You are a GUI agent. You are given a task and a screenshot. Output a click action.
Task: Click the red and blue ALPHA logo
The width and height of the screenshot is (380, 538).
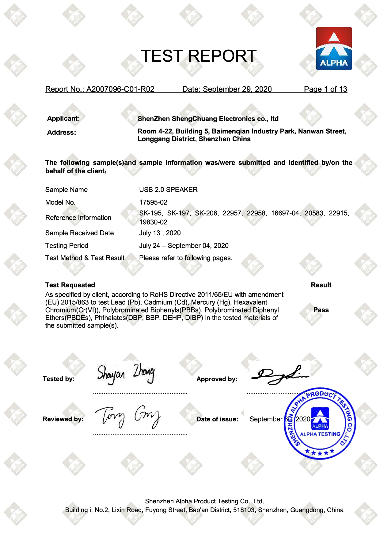tap(334, 48)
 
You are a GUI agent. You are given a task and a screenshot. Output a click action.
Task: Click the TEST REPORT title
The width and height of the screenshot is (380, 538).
tap(199, 56)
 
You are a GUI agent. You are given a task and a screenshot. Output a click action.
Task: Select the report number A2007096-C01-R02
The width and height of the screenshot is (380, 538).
tap(120, 89)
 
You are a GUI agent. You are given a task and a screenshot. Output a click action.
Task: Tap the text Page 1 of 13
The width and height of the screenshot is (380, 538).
tap(325, 89)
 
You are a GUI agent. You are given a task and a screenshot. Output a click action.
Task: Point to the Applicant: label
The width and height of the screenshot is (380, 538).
tap(63, 119)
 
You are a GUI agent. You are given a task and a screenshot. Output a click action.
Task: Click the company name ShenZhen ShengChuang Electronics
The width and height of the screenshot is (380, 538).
tap(208, 119)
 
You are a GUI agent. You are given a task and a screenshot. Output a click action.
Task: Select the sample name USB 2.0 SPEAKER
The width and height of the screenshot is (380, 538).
tap(168, 190)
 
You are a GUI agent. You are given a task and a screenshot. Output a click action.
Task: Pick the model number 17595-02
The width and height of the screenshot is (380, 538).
tap(153, 202)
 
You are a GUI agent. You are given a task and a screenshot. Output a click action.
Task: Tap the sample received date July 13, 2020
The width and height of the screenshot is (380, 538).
tap(160, 233)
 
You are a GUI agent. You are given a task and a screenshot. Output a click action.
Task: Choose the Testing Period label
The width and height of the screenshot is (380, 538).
tap(67, 246)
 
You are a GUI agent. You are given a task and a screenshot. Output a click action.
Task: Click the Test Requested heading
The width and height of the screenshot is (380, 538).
tap(70, 285)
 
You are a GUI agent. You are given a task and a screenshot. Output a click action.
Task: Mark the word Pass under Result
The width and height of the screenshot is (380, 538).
tap(321, 310)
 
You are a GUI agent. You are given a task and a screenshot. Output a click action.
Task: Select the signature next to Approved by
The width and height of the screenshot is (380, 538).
tap(279, 375)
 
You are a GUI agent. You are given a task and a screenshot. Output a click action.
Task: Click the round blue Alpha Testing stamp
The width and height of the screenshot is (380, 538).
tap(320, 423)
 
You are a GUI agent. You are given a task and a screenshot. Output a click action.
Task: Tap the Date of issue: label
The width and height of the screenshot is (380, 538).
tap(217, 419)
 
